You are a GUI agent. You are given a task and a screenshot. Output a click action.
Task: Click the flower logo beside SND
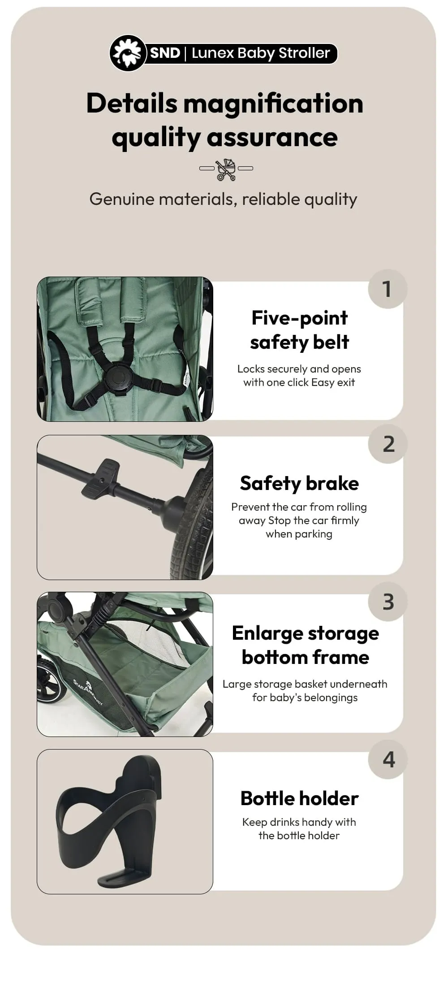128,53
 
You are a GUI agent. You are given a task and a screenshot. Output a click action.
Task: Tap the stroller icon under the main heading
226,169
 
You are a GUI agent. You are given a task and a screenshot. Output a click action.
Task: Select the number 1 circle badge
388,289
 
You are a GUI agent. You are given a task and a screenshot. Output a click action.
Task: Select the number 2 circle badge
388,444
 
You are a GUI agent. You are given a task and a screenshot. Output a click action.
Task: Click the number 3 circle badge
388,602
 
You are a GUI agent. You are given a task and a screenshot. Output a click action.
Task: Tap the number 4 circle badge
388,759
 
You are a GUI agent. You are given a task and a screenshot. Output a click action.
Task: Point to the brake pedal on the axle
101,477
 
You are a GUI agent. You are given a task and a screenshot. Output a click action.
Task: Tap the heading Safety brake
299,483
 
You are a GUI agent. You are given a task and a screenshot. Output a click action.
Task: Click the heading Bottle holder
299,798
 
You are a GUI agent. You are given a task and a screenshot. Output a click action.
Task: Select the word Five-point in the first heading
299,318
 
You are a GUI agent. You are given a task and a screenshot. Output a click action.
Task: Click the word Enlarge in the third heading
268,633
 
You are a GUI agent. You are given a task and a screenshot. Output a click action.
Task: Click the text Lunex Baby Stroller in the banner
261,53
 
